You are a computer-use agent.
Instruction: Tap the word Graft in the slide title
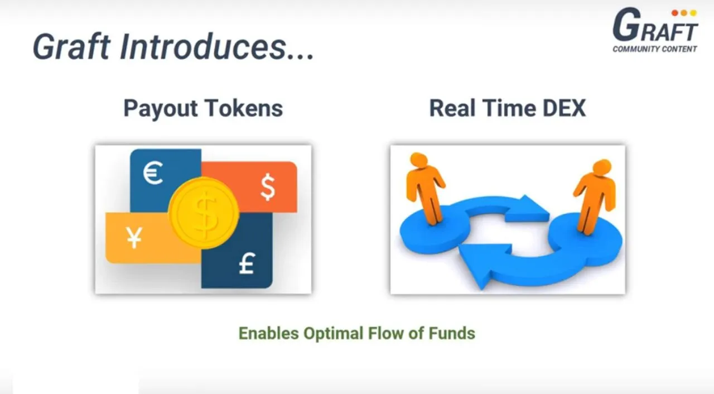[x=71, y=46]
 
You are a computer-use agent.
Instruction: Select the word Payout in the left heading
[x=161, y=109]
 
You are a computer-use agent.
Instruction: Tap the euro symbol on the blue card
[x=153, y=172]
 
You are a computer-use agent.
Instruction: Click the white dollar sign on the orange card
[x=268, y=187]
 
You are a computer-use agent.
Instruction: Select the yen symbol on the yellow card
[x=134, y=238]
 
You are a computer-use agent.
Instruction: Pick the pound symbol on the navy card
[x=247, y=263]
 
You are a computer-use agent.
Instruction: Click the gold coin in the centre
[x=204, y=213]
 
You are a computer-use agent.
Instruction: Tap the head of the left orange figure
[x=418, y=160]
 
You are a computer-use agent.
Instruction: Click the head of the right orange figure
[x=602, y=167]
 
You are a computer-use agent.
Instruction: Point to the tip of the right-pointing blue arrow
[x=549, y=214]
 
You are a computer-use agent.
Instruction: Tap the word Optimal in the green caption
[x=334, y=334]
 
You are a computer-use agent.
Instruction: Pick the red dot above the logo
[x=674, y=13]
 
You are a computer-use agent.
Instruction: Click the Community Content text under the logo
[x=655, y=49]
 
